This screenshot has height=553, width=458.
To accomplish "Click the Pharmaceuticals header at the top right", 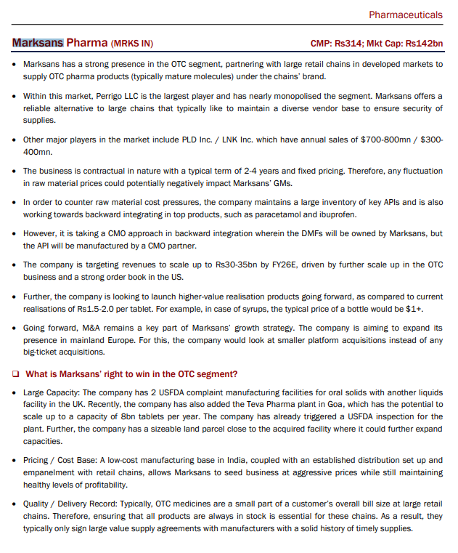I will [x=405, y=15].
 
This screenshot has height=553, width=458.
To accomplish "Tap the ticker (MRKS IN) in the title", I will [x=132, y=44].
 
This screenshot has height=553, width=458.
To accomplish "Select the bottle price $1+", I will [x=415, y=309].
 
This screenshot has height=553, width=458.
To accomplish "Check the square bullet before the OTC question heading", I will [x=15, y=375].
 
